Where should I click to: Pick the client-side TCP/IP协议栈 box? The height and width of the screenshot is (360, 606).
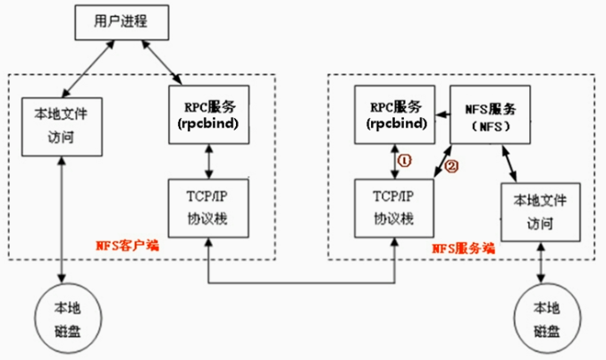(207, 206)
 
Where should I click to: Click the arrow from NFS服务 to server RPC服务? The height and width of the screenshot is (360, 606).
(441, 114)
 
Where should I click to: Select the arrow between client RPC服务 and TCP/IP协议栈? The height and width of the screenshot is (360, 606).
(207, 159)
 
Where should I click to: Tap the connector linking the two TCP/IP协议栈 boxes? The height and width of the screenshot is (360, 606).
(299, 283)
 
